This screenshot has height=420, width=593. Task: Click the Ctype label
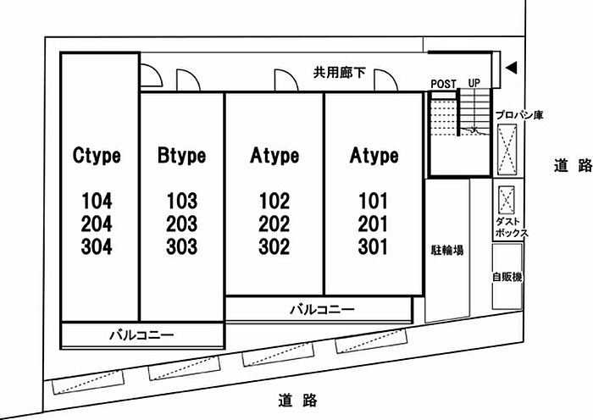point(97,155)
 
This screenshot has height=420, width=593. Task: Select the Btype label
point(181,155)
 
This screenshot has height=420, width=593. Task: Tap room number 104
point(97,201)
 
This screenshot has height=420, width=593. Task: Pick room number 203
point(182,224)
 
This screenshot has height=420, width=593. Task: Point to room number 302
point(274,246)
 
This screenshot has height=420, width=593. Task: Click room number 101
point(373,201)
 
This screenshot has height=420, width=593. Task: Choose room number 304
point(97,246)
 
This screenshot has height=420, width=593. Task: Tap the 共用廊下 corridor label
point(339,72)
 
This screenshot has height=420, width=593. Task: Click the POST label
point(444,84)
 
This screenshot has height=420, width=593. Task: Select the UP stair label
point(474,83)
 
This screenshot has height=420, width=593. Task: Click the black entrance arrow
point(512,68)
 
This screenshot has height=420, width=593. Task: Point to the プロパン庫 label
point(519,115)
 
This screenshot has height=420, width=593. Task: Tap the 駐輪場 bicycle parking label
point(447,250)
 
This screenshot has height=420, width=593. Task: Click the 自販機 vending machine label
point(507,277)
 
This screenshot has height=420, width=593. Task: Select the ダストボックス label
point(512,227)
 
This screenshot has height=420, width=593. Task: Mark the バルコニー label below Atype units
point(322,310)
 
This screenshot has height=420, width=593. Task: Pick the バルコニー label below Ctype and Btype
point(141,335)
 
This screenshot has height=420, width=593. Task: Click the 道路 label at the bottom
point(297,401)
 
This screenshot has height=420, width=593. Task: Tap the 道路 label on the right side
point(574,165)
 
